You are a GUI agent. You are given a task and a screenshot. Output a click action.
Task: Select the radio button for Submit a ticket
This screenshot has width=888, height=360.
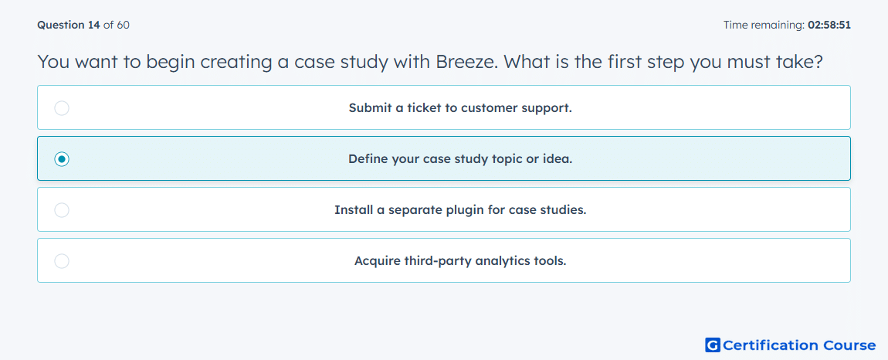[62, 107]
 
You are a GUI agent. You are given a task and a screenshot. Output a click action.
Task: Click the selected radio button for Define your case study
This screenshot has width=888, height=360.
[62, 159]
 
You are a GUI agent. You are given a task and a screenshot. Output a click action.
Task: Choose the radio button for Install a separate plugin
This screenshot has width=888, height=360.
[62, 210]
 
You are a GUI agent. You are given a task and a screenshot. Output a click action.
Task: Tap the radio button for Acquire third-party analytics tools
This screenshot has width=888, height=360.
[62, 261]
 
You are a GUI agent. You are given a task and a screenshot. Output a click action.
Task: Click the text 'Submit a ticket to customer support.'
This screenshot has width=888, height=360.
[460, 107]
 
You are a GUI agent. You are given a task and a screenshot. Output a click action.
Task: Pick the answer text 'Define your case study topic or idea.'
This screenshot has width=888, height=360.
[460, 159]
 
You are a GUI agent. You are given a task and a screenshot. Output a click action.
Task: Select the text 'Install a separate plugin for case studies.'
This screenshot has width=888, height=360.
[460, 210]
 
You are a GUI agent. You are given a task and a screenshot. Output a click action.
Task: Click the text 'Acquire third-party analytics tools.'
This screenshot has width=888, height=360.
[460, 261]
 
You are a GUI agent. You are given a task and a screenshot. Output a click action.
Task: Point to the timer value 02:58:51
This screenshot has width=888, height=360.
[829, 25]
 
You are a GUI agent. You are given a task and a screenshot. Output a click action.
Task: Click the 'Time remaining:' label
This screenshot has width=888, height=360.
[764, 25]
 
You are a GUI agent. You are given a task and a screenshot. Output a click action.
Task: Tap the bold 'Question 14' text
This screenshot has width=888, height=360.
[69, 25]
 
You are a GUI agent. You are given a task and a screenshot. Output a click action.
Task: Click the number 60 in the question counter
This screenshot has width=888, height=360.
[124, 25]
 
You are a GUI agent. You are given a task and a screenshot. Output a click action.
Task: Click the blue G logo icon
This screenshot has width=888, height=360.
[713, 345]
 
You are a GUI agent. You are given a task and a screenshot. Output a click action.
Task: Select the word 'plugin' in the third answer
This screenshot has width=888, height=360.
[469, 210]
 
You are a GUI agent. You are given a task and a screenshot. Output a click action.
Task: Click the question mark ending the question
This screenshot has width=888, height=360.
[817, 62]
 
